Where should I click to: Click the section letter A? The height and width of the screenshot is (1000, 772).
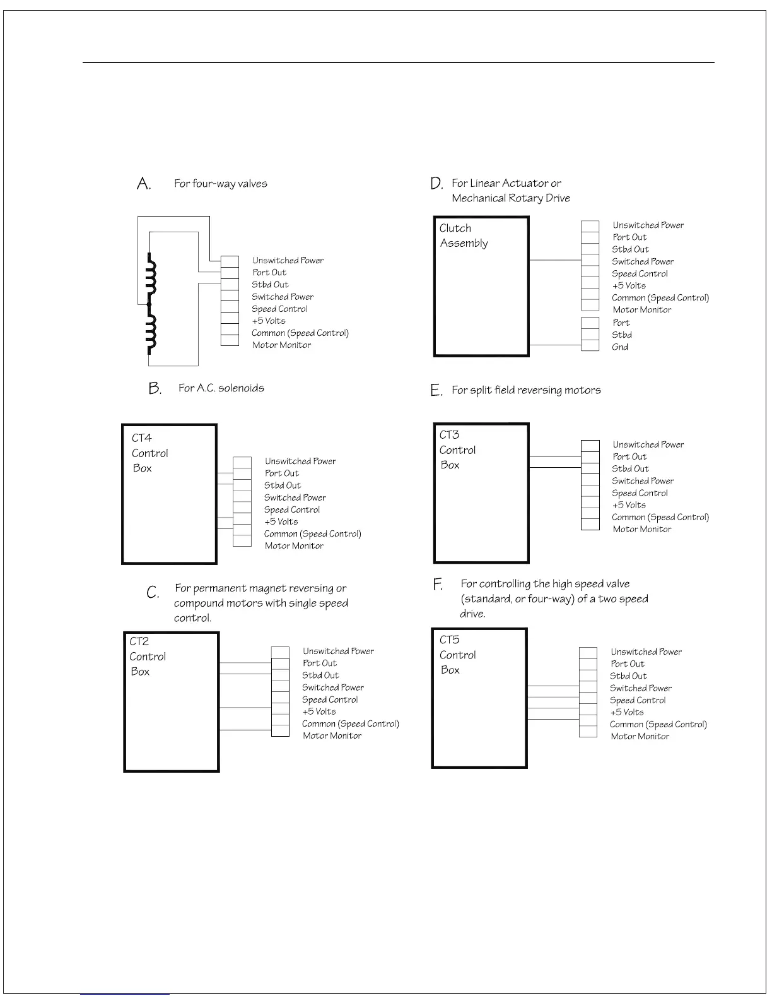[144, 184]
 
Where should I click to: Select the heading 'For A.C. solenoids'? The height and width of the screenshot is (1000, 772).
[221, 388]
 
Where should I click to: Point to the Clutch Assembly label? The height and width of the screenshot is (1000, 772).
[464, 235]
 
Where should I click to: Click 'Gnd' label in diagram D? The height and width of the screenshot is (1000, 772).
[620, 347]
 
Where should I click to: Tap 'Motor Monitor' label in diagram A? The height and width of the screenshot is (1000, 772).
[281, 345]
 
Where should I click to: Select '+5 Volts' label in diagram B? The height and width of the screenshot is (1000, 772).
[281, 522]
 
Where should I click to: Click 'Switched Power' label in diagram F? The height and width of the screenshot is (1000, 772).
[640, 688]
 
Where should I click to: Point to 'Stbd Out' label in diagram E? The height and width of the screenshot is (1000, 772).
[630, 469]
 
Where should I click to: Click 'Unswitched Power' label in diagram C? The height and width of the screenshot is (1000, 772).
[338, 651]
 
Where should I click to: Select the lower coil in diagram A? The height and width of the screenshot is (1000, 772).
[150, 333]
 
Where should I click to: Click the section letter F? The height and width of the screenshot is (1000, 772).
[438, 585]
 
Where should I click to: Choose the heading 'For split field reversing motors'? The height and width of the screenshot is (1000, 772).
[526, 390]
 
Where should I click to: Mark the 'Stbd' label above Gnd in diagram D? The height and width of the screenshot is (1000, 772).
[621, 335]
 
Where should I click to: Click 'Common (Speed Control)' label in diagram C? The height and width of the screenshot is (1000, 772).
[350, 724]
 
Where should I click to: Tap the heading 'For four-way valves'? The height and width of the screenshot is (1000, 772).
[221, 184]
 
